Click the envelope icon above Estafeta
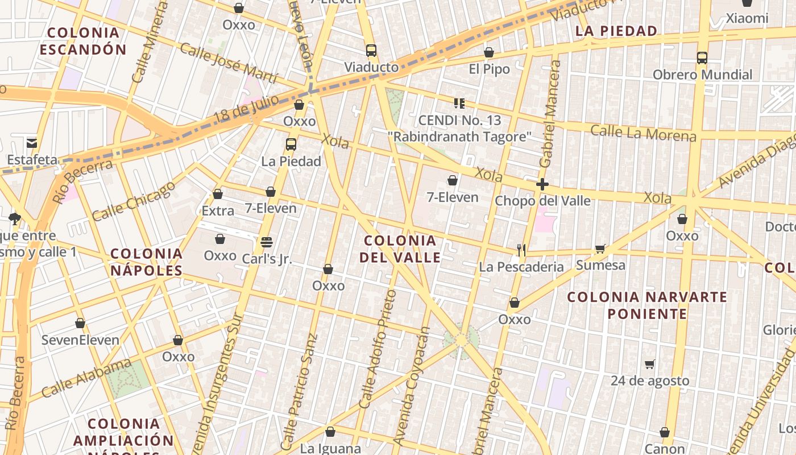pyautogui.click(x=31, y=143)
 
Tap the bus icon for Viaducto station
pyautogui.click(x=371, y=51)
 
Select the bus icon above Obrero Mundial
pyautogui.click(x=702, y=58)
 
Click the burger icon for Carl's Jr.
pyautogui.click(x=267, y=242)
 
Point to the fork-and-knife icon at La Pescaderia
pyautogui.click(x=521, y=250)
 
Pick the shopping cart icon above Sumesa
pyautogui.click(x=600, y=249)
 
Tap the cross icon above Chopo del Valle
pyautogui.click(x=542, y=184)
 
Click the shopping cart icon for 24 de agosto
pyautogui.click(x=650, y=364)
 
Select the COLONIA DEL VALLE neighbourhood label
pyautogui.click(x=400, y=249)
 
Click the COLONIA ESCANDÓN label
pyautogui.click(x=83, y=41)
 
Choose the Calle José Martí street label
pyautogui.click(x=229, y=62)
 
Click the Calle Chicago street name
pyautogui.click(x=134, y=201)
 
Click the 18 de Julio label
pyautogui.click(x=246, y=108)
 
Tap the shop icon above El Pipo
pyautogui.click(x=489, y=53)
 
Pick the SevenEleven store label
pyautogui.click(x=80, y=340)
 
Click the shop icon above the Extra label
pyautogui.click(x=218, y=195)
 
